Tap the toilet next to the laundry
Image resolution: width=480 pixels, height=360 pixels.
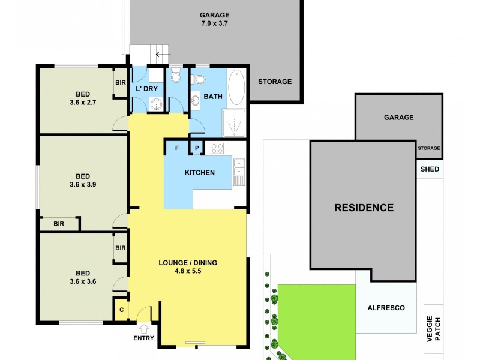click(175, 76)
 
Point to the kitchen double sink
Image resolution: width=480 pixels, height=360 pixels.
click(239, 167)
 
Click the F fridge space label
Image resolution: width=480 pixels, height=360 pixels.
click(177, 148)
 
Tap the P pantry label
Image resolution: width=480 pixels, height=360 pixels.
click(196, 148)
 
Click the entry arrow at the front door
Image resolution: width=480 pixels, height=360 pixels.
click(145, 328)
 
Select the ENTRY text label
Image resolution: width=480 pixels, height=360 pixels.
click(145, 338)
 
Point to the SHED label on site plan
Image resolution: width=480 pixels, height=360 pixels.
click(430, 169)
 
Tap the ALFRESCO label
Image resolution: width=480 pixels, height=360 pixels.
click(386, 308)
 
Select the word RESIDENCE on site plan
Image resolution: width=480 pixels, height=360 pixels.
click(364, 208)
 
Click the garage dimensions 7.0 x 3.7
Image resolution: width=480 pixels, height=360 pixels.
click(214, 24)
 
